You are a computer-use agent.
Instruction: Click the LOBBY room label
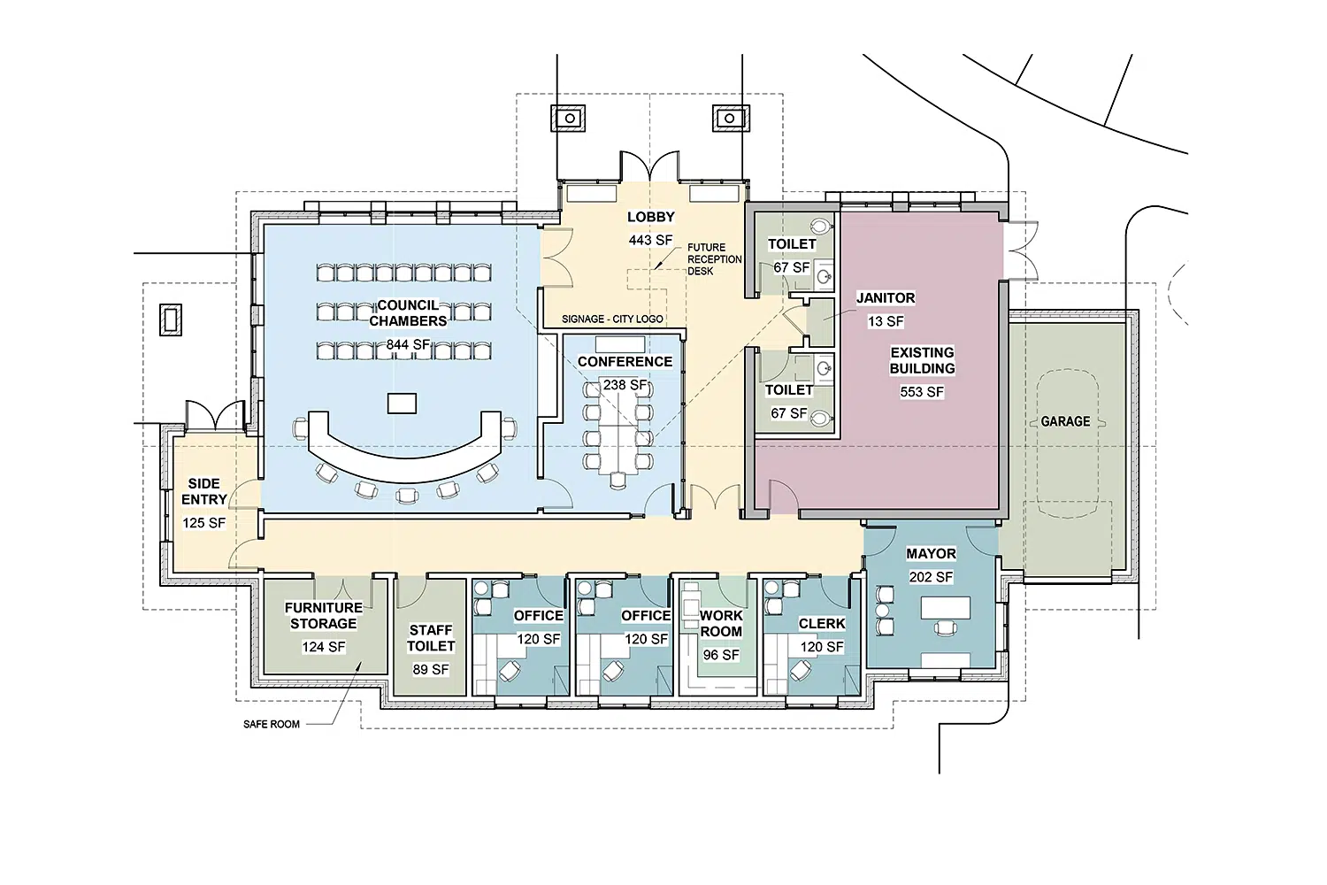pos(650,217)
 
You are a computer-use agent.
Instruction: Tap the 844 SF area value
pos(408,344)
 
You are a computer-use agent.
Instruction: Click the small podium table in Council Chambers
pos(402,404)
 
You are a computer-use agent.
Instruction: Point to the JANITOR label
pos(886,297)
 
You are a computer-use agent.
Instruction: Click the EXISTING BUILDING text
pos(923,360)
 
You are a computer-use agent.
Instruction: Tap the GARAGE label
pos(1065,421)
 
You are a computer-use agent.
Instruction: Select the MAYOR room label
pos(931,554)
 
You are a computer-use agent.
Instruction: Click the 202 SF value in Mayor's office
pos(931,577)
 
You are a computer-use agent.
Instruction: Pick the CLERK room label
pos(822,624)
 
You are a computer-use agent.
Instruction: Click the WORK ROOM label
pos(721,624)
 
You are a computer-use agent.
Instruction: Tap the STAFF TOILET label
pos(431,638)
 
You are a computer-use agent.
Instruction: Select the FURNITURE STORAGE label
pos(324,615)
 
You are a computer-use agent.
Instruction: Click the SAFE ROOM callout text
pos(272,724)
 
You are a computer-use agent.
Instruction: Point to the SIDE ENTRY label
pos(203,491)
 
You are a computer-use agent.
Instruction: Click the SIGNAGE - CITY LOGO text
pos(612,319)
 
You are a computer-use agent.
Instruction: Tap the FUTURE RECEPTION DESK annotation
pos(715,259)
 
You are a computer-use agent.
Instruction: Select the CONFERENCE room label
pos(625,362)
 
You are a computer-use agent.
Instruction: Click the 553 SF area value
pos(922,392)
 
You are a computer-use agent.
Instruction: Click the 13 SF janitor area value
pos(886,321)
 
